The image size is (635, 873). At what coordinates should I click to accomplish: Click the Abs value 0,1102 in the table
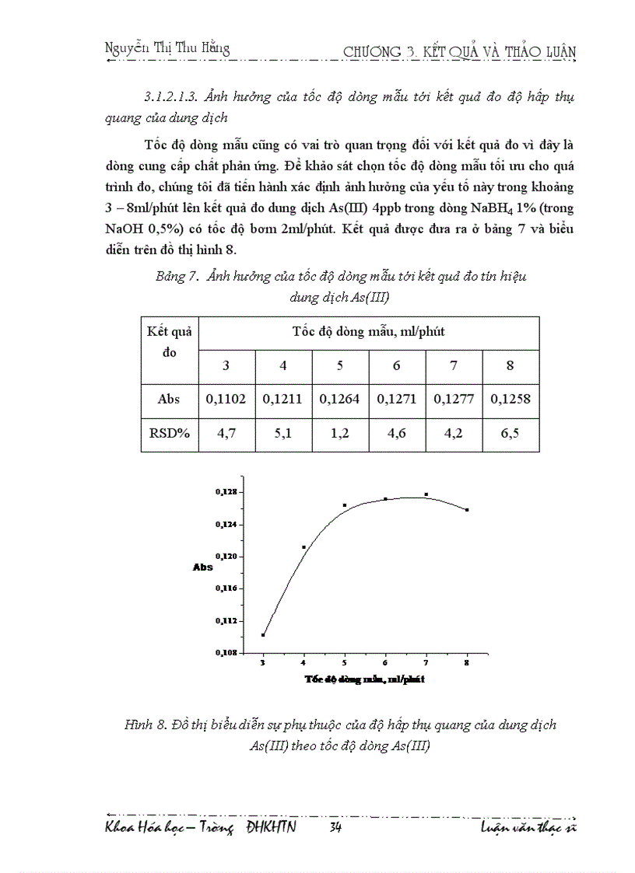click(x=226, y=398)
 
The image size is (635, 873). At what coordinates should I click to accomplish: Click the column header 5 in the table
click(x=340, y=365)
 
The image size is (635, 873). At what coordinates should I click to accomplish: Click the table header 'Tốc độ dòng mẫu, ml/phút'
click(x=369, y=332)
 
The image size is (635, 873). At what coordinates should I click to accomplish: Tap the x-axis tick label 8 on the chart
click(x=466, y=662)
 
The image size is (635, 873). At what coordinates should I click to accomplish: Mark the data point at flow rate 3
click(x=263, y=635)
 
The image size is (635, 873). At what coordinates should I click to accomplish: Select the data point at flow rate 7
click(x=426, y=494)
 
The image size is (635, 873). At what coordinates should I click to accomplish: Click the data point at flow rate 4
click(x=303, y=547)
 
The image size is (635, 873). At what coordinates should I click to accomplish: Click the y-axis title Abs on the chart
click(x=202, y=567)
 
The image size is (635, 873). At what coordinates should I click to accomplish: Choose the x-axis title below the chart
click(x=364, y=679)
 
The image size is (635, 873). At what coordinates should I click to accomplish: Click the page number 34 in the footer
click(x=336, y=828)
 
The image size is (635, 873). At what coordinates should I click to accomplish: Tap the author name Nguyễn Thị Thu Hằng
click(x=167, y=48)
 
